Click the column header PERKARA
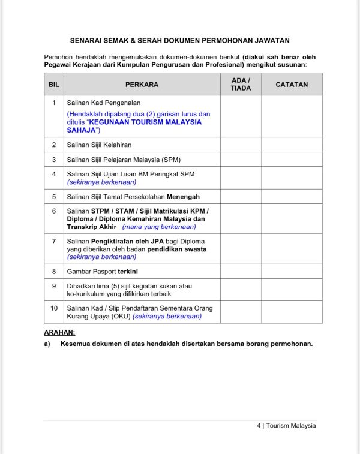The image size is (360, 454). [x=142, y=85]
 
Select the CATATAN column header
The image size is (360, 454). [x=292, y=85]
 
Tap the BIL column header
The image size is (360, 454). [x=54, y=85]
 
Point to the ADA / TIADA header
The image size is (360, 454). [x=241, y=84]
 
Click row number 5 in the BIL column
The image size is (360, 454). [x=54, y=197]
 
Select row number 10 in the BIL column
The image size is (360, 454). [x=54, y=308]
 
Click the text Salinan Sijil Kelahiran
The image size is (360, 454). [x=99, y=145]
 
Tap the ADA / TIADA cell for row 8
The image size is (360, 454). [x=241, y=272]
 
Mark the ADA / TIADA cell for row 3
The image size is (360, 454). [x=241, y=160]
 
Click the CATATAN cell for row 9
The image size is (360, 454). [x=292, y=290]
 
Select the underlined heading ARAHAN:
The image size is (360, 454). [x=59, y=332]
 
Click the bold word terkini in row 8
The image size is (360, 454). [x=127, y=272]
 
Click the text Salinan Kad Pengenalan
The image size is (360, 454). [x=104, y=103]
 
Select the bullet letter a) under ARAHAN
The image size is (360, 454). [x=47, y=344]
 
